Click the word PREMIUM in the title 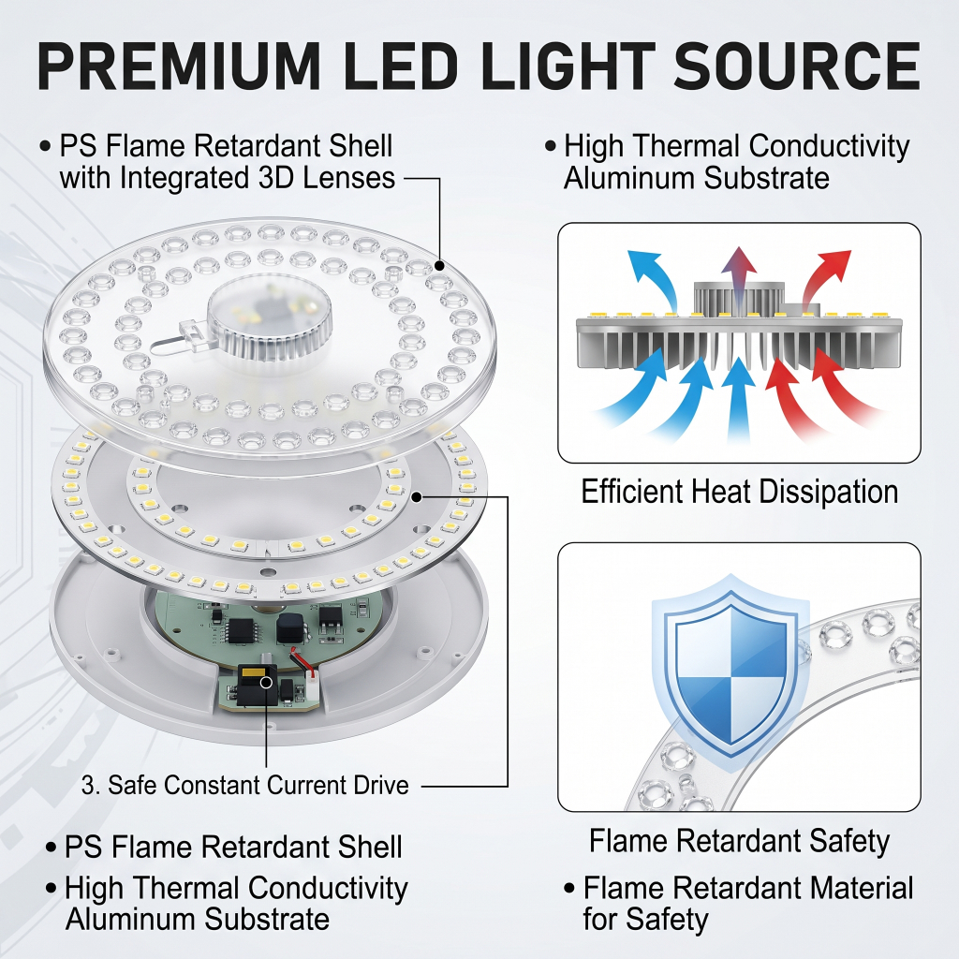179,66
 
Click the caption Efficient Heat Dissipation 740,491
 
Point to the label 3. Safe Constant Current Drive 245,785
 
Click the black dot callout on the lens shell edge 439,265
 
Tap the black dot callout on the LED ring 417,496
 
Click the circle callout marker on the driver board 267,682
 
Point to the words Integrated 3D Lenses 258,178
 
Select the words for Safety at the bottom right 646,920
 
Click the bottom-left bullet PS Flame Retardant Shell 224,847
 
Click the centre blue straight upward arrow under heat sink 739,397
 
